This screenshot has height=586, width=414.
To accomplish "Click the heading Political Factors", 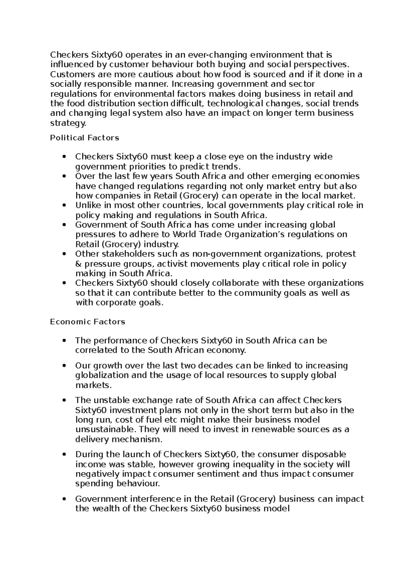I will (85, 138).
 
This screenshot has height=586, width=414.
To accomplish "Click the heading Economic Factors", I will (88, 322).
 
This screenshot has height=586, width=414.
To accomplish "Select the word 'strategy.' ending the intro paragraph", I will (68, 123).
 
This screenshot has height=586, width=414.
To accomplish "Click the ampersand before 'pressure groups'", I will (78, 264).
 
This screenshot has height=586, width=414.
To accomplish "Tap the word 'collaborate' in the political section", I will (236, 283).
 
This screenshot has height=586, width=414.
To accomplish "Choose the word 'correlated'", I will (92, 351).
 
